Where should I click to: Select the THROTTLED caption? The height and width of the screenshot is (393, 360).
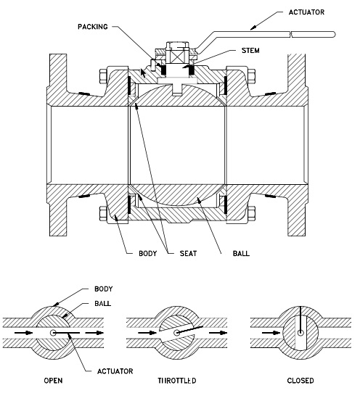pyautogui.click(x=176, y=379)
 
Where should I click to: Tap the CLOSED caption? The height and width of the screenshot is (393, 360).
pyautogui.click(x=298, y=379)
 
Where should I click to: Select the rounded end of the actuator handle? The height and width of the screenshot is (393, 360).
pyautogui.click(x=335, y=33)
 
